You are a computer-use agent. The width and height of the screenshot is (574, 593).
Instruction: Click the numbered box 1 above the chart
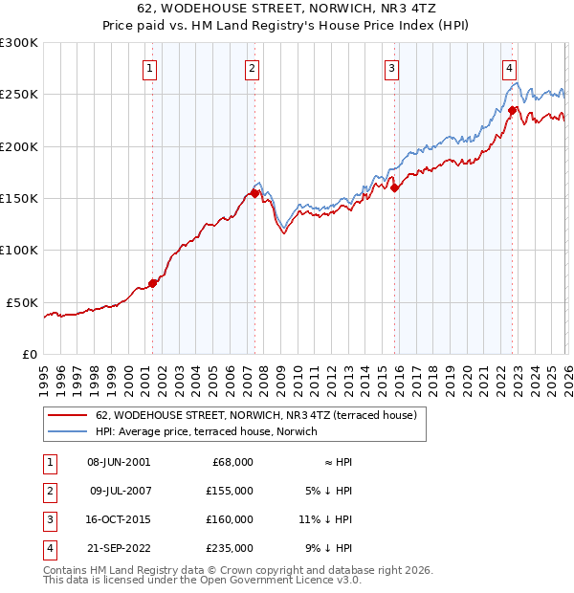pos(151,68)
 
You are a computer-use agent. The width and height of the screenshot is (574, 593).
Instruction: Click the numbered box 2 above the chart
pos(252,68)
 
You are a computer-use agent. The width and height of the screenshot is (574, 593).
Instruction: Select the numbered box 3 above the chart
pos(392,68)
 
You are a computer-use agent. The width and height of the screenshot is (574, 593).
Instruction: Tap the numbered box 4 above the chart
pos(510,68)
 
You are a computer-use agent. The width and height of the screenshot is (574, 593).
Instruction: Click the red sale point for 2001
pos(152,283)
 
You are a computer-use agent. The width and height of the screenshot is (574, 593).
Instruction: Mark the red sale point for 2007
pos(254,193)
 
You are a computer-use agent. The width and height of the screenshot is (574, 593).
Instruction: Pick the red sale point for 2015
pos(394,187)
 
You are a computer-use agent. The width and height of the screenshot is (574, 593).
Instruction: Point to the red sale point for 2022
pos(512,110)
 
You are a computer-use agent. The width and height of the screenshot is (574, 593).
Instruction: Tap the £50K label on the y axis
pos(22,302)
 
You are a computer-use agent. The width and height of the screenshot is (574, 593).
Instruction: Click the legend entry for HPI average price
pos(210,432)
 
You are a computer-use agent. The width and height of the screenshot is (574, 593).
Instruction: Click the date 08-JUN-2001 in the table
pos(118,462)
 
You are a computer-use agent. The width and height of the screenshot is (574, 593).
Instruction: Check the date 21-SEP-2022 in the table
pos(118,548)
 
